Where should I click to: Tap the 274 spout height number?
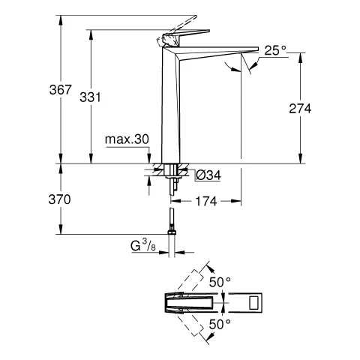(x=298, y=108)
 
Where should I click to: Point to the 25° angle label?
(x=275, y=50)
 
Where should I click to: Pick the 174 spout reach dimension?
(x=208, y=200)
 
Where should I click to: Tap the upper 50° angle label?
(x=220, y=283)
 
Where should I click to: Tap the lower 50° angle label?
(x=220, y=325)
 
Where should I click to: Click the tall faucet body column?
(x=170, y=112)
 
